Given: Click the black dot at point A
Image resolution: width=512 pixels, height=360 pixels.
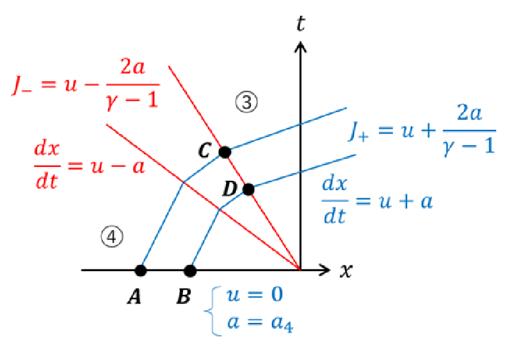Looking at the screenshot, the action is [141, 270].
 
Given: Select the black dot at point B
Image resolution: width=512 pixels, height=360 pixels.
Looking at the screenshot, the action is [190, 270].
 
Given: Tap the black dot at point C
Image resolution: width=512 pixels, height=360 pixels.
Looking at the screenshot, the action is [225, 152].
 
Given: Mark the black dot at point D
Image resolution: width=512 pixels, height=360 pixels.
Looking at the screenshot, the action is [248, 189].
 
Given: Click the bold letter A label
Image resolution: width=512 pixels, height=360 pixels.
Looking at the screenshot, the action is [134, 296].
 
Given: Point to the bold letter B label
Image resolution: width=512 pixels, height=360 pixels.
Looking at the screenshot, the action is [184, 296].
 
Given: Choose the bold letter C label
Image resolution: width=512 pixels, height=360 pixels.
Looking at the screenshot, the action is [205, 151].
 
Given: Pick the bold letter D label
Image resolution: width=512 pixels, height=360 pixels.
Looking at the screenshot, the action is [230, 189].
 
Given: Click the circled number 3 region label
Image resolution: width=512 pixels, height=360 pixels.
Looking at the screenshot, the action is [246, 102].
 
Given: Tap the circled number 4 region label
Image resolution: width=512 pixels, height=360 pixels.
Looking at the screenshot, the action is [112, 237].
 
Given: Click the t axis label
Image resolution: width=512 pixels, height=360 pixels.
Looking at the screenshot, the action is [301, 23].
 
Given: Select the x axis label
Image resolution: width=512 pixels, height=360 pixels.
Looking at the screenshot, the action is [346, 270].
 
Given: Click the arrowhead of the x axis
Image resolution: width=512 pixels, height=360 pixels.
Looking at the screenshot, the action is [326, 270].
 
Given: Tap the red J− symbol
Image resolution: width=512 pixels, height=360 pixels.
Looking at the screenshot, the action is [22, 86].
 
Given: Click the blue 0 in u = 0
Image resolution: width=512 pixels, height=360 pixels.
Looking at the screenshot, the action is [277, 294].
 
